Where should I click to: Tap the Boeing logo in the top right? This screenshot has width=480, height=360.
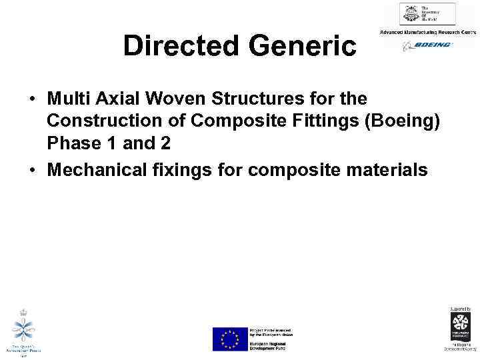click(427, 45)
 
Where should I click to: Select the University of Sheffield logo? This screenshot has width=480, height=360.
click(427, 14)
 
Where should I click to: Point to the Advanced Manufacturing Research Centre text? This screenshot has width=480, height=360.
click(427, 32)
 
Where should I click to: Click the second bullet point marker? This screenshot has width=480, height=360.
click(32, 171)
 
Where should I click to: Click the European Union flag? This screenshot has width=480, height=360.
click(229, 339)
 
